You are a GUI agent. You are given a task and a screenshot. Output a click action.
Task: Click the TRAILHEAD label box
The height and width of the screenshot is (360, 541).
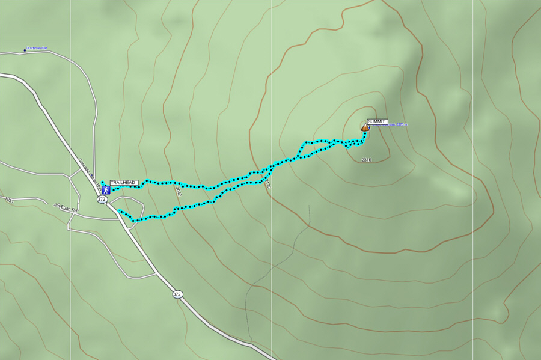[x=124, y=182]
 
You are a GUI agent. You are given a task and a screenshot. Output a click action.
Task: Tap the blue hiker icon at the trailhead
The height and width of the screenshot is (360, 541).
[x=106, y=190]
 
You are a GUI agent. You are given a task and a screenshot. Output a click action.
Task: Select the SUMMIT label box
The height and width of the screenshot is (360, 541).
[x=377, y=121]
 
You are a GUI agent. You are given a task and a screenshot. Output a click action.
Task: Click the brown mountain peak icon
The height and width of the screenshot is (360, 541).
[x=365, y=127]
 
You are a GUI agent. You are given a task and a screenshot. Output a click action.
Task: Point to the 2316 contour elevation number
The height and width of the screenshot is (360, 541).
[x=366, y=160]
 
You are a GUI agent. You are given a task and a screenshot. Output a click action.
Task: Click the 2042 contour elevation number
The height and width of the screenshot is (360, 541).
[x=178, y=191]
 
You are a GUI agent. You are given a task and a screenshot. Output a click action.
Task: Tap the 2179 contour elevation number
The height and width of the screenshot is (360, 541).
[x=267, y=183]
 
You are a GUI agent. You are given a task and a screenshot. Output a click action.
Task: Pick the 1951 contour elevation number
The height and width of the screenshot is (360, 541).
[x=9, y=199]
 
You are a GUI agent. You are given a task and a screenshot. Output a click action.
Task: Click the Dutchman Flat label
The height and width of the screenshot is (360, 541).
[x=37, y=48]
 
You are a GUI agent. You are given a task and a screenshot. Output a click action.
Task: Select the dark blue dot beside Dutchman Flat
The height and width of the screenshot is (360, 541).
[x=25, y=50]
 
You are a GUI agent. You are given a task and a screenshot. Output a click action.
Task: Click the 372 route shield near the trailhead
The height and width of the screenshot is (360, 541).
[x=102, y=199]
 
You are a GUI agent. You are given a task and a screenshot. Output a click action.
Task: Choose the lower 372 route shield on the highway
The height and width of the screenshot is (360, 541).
[x=177, y=294]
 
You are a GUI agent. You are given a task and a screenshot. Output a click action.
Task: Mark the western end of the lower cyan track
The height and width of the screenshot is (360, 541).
[x=120, y=210]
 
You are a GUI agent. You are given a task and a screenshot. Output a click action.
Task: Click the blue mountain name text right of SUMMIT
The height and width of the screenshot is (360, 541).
[x=397, y=125]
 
